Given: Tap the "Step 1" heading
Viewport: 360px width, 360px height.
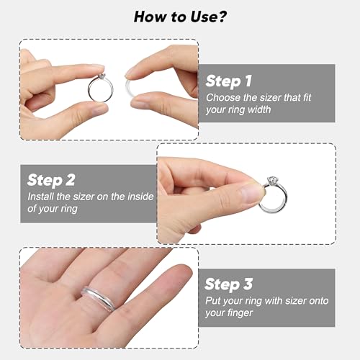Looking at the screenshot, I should (x=230, y=81).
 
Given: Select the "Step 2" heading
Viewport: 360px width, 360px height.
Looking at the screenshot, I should (x=52, y=180).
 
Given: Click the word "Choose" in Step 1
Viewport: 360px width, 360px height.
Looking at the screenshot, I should (x=223, y=96).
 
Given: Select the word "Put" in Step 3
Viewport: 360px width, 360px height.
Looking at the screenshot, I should (x=214, y=300).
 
